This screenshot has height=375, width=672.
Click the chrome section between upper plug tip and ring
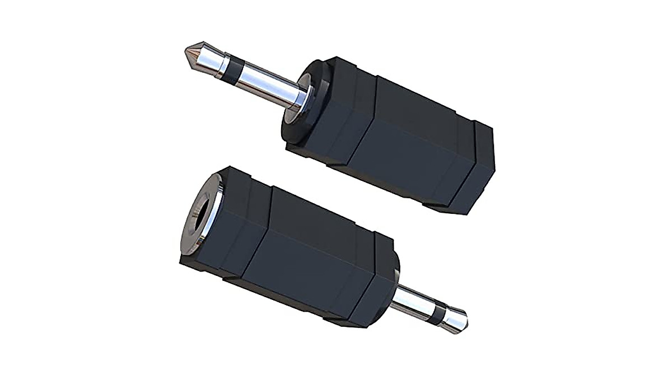(x=210, y=60)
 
